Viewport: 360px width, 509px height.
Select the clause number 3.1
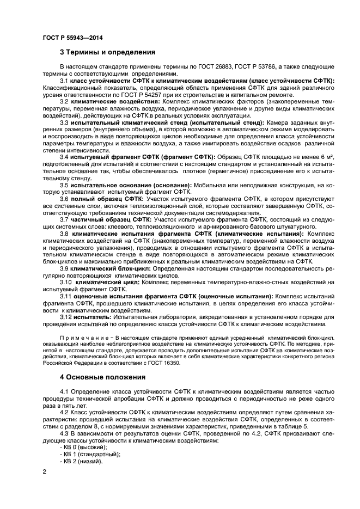pyautogui.click(x=64, y=80)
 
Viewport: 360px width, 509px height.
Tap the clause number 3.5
pyautogui.click(x=64, y=185)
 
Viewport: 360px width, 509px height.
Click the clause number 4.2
pyautogui.click(x=64, y=412)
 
